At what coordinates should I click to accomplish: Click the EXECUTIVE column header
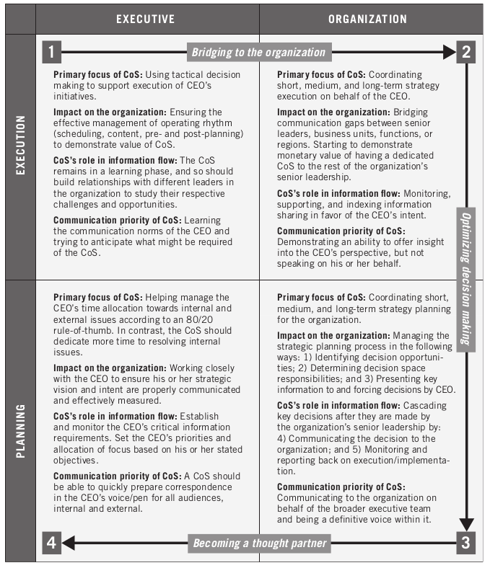pos(145,19)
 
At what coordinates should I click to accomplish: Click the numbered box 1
pos(52,52)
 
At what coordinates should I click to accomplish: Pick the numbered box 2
pos(466,52)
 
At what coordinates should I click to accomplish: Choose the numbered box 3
pos(466,543)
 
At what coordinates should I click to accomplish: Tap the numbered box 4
pos(52,543)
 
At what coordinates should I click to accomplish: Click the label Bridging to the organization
pos(259,52)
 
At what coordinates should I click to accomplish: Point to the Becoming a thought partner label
pos(259,543)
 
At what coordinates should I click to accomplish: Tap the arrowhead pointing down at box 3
pos(466,525)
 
